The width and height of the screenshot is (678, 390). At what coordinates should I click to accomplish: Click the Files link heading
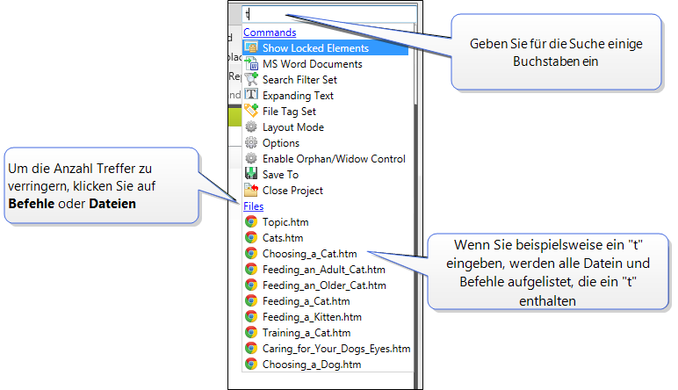[x=253, y=206]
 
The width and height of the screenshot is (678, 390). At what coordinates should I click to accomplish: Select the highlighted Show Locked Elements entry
[x=315, y=48]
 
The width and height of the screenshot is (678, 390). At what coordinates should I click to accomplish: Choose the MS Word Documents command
[x=312, y=64]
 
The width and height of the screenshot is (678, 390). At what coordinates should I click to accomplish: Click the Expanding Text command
[x=298, y=96]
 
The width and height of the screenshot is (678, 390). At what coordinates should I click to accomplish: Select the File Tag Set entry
[x=289, y=112]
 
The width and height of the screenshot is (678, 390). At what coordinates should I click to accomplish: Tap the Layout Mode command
[x=292, y=127]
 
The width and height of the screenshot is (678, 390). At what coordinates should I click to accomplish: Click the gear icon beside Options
[x=251, y=143]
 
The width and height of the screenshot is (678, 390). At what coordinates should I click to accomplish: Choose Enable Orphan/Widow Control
[x=334, y=159]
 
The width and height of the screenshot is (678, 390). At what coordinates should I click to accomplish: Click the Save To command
[x=280, y=175]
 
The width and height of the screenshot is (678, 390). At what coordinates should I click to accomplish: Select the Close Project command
[x=292, y=191]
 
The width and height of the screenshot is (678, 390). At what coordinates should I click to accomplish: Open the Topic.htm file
[x=285, y=222]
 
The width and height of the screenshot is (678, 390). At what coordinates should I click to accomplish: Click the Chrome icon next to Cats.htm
[x=251, y=238]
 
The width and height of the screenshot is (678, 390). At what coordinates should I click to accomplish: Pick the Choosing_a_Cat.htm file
[x=309, y=254]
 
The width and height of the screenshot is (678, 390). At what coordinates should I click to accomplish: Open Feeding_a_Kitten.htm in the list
[x=312, y=317]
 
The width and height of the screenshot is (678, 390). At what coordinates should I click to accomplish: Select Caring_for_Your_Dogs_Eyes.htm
[x=335, y=349]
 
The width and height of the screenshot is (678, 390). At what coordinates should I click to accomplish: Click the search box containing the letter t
[x=325, y=14]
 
